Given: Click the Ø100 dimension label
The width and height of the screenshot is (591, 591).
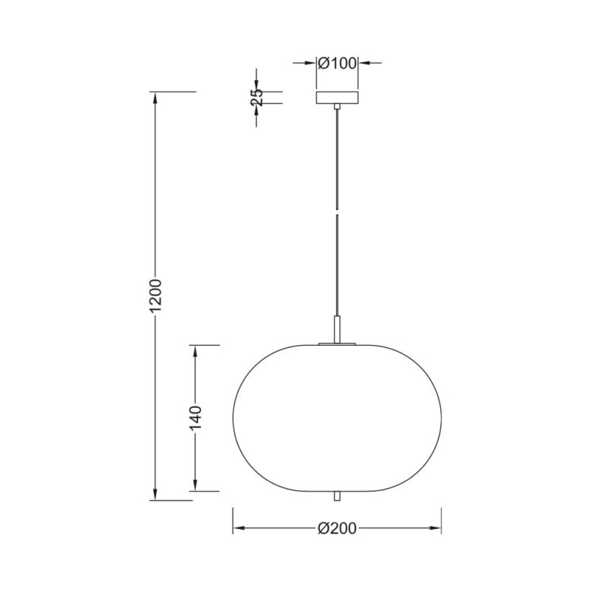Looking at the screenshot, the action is point(337,64).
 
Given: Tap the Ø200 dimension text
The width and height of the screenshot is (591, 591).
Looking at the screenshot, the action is point(337,528).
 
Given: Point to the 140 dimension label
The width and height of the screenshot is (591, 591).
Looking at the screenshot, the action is point(196,418).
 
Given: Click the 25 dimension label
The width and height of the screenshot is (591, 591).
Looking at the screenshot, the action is point(256,98).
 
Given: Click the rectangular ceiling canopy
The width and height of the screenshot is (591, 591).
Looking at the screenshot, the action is point(337,98).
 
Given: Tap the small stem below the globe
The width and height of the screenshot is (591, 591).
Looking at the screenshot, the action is point(337,496).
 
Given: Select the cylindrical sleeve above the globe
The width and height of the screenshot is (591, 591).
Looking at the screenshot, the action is point(337,329).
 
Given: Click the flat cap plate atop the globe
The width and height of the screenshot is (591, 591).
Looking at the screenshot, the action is point(337,344).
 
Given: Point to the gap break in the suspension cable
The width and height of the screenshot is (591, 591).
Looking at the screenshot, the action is point(337,211).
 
